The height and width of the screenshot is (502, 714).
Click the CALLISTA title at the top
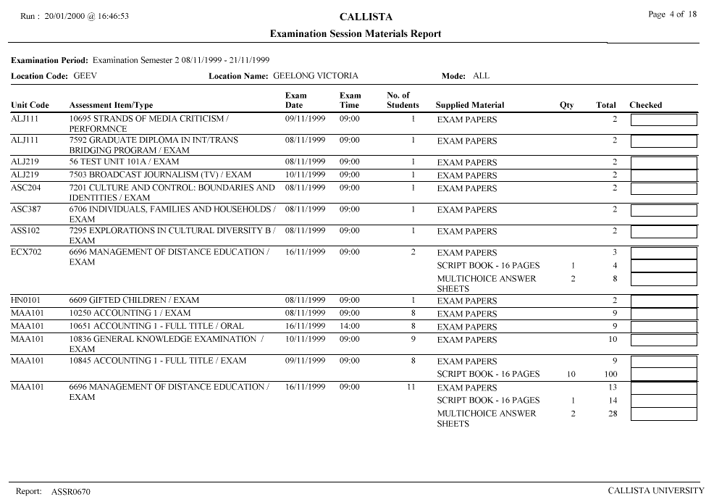[x=356, y=17]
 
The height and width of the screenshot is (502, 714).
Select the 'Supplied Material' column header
[x=470, y=105]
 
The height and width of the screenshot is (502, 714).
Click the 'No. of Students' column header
[x=403, y=100]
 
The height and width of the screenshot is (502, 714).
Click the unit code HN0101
[x=26, y=300]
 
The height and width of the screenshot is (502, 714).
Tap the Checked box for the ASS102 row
[x=663, y=232]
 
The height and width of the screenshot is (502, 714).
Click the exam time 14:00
[x=350, y=326]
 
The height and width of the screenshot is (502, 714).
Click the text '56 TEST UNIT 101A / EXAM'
[x=124, y=162]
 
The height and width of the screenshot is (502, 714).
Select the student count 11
[x=411, y=388]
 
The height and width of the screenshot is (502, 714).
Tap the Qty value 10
[x=571, y=375]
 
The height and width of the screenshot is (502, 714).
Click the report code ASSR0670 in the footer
[x=71, y=492]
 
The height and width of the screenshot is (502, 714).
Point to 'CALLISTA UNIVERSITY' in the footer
[x=656, y=491]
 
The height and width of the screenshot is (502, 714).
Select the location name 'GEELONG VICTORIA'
[x=315, y=75]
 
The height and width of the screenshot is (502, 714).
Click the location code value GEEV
[x=85, y=75]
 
